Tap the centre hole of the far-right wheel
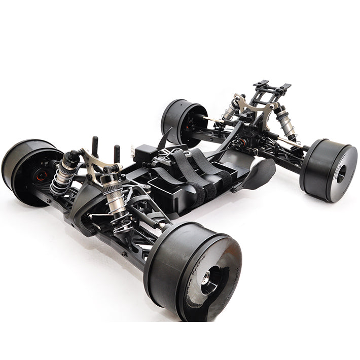341,173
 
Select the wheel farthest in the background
183,122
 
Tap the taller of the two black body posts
94,147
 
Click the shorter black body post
117,153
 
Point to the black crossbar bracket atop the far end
271,89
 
